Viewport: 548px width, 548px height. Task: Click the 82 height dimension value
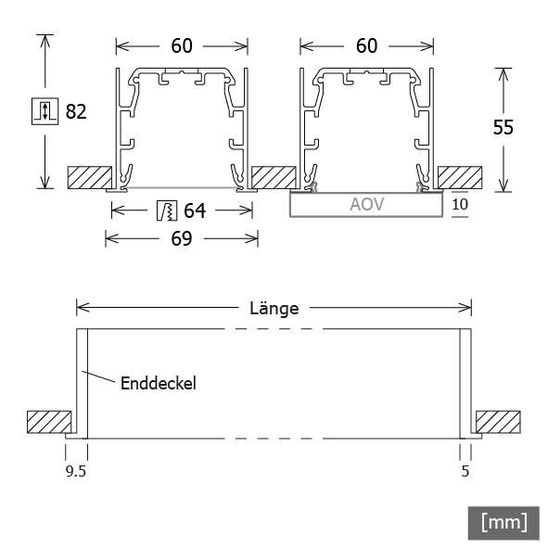coord(76,111)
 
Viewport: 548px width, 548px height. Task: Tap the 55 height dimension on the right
coord(503,127)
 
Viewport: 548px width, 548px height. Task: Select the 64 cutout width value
coord(195,210)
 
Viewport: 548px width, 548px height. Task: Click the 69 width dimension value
coord(182,238)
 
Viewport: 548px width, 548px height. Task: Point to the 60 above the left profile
coord(182,45)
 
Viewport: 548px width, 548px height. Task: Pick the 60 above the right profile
coord(366,45)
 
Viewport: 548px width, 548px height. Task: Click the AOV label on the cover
coord(366,204)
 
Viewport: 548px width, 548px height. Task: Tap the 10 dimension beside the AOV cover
coord(460,204)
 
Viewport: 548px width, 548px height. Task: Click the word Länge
coord(274,308)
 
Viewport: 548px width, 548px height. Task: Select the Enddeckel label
coord(159,383)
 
